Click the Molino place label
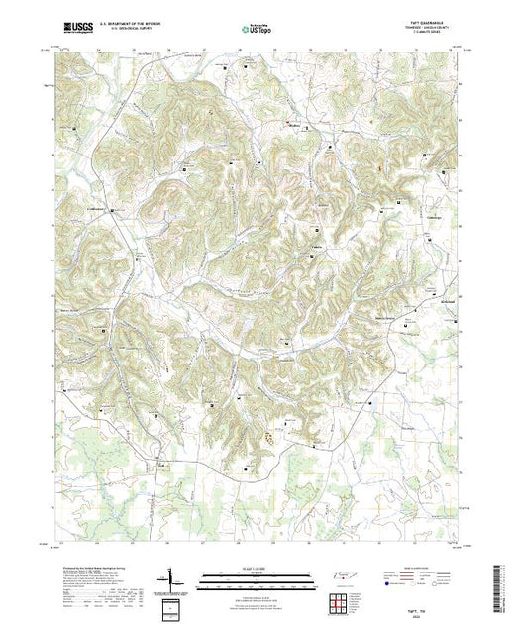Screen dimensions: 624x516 [292, 127]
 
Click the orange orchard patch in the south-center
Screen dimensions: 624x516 [269, 433]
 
